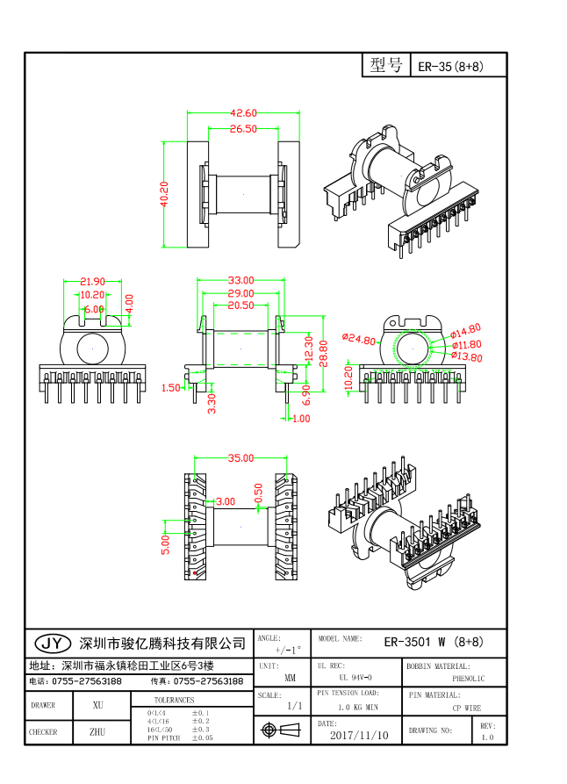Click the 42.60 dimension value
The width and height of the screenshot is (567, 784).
(243, 113)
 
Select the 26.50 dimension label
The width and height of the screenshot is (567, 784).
(243, 129)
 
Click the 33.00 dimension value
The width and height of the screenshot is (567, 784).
(241, 281)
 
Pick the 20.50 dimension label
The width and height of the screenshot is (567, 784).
(241, 306)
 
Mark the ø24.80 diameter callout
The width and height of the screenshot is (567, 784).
(359, 340)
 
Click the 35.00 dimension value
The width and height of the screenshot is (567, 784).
(240, 458)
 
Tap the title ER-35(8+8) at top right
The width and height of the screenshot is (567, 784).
(449, 67)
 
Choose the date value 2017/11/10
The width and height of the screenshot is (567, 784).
(359, 736)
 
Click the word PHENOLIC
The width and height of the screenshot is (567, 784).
(468, 679)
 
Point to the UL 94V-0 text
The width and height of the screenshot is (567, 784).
(355, 678)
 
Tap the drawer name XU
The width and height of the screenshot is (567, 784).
(98, 705)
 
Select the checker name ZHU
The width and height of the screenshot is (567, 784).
(97, 731)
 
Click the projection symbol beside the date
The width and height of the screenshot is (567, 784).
(271, 730)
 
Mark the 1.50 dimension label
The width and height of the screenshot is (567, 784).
(170, 387)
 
